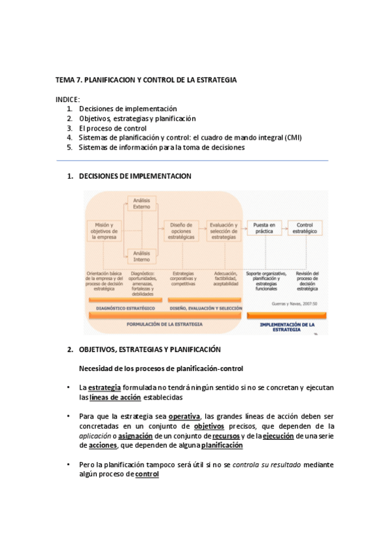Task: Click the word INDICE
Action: click(68, 99)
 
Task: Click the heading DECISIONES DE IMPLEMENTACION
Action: click(134, 176)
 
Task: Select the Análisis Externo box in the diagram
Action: click(142, 204)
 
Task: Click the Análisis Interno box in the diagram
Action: click(142, 255)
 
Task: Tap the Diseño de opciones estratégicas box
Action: click(181, 230)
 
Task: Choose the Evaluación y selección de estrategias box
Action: click(223, 230)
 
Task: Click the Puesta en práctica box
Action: click(264, 227)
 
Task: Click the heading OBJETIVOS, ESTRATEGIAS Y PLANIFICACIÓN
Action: click(150, 350)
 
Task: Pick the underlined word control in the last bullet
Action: click(147, 475)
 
